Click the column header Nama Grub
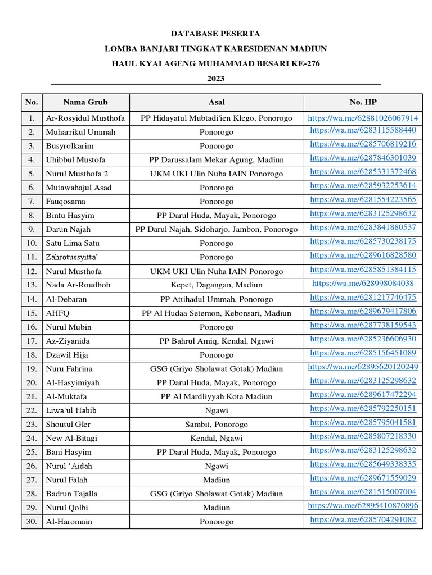(85, 102)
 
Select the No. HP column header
(363, 102)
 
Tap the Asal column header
(217, 102)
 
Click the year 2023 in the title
(216, 79)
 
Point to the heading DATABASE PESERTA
(216, 34)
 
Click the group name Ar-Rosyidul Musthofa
(85, 118)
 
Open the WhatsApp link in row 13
(363, 284)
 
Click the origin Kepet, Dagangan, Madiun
(217, 285)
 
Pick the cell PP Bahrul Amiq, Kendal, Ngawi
(217, 341)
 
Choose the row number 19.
(31, 368)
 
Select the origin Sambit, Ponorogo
(217, 424)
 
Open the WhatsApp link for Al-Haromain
(363, 520)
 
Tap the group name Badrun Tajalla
(71, 494)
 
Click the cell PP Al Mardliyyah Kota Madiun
(217, 396)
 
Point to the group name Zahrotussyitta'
(71, 257)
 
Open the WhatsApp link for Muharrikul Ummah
(363, 130)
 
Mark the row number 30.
(31, 522)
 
